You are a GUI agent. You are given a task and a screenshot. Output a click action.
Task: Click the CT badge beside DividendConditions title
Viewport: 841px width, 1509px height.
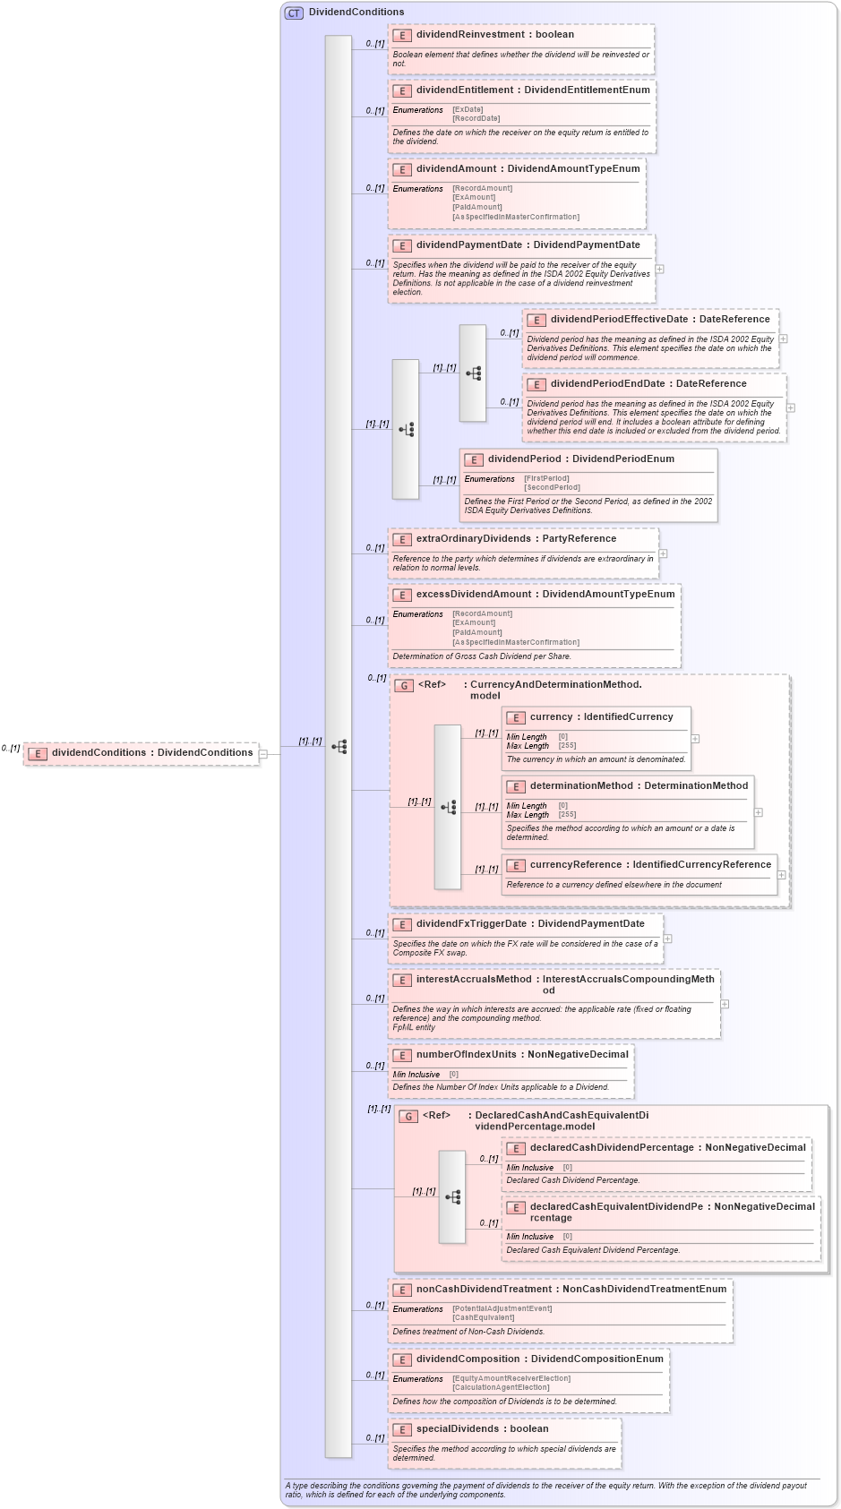tap(294, 13)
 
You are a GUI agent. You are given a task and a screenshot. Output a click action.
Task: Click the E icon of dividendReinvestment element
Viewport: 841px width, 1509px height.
tap(402, 35)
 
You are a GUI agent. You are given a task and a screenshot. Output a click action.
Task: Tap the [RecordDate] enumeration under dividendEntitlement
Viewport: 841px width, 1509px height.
tap(476, 118)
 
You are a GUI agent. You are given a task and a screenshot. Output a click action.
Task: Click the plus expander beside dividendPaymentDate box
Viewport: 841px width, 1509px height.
tap(660, 269)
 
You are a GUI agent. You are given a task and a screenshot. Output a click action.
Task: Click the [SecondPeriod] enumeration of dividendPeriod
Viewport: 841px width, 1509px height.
tap(552, 487)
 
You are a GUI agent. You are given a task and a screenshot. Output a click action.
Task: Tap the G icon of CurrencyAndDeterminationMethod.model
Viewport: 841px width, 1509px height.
tap(404, 685)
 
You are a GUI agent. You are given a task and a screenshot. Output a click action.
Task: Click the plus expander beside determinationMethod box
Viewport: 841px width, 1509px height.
tap(759, 812)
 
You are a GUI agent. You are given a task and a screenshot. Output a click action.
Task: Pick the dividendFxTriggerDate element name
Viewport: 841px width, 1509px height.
tap(471, 923)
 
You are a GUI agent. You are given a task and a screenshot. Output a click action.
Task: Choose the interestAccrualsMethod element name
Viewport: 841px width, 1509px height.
tap(474, 979)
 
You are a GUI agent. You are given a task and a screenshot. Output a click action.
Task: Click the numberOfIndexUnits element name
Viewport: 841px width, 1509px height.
tap(466, 1054)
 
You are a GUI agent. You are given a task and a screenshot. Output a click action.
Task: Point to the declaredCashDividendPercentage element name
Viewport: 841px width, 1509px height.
tap(612, 1147)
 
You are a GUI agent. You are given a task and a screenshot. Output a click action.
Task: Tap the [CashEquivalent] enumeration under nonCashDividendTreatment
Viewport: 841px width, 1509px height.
tap(483, 1317)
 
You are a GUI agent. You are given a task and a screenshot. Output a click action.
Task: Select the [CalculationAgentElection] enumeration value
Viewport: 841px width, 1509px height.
tap(501, 1387)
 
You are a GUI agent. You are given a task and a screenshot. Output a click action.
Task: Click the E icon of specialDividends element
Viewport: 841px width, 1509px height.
tap(402, 1429)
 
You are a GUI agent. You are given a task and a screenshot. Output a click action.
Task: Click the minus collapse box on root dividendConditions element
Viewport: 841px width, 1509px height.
tap(263, 754)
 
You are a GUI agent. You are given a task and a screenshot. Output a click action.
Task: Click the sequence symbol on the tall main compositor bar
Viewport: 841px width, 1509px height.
tap(339, 746)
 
